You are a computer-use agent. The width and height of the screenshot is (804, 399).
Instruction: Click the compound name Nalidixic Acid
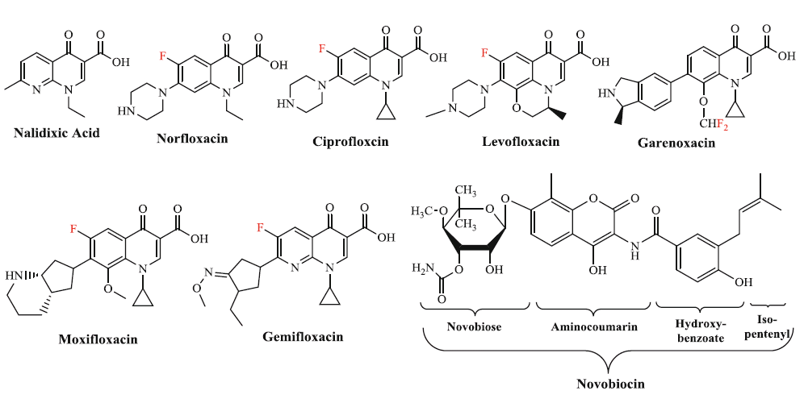57,132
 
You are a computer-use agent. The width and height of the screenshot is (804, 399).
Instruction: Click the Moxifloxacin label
98,339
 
